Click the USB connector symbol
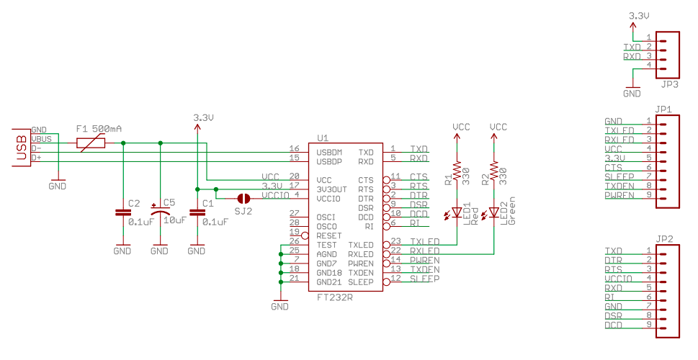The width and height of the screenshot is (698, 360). click(22, 148)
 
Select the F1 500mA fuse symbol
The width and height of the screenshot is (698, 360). click(91, 143)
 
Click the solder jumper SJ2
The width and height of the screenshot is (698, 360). click(243, 197)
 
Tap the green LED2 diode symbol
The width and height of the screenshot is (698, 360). click(493, 214)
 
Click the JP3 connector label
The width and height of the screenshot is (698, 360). click(669, 84)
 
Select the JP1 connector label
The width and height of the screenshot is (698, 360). click(665, 110)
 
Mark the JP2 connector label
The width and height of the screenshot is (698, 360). click(665, 239)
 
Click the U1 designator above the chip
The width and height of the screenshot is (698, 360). click(322, 138)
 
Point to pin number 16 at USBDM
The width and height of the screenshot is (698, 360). click(293, 148)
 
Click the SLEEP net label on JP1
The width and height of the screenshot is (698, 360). click(619, 176)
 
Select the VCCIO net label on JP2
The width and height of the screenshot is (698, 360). click(619, 278)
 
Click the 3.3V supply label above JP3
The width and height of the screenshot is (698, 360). click(639, 15)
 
